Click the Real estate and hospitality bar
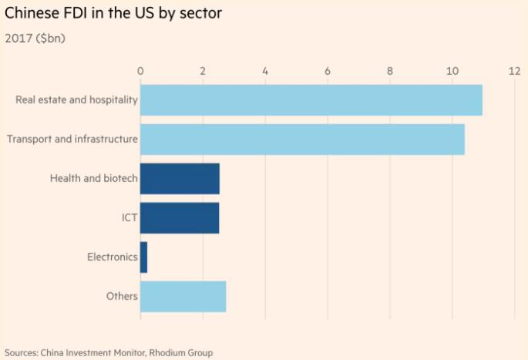[311, 100]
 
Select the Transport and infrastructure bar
[302, 140]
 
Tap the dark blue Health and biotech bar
[180, 178]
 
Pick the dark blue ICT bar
[180, 217]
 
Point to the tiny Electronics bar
[143, 257]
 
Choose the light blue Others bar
[183, 296]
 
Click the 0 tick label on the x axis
[140, 71]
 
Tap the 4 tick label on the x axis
[265, 71]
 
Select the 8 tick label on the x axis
[390, 71]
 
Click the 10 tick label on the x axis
[452, 71]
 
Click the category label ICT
[129, 218]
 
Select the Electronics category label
[113, 257]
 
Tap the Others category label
[122, 296]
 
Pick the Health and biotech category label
[94, 179]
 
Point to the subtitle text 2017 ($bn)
[35, 38]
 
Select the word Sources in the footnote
[21, 352]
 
